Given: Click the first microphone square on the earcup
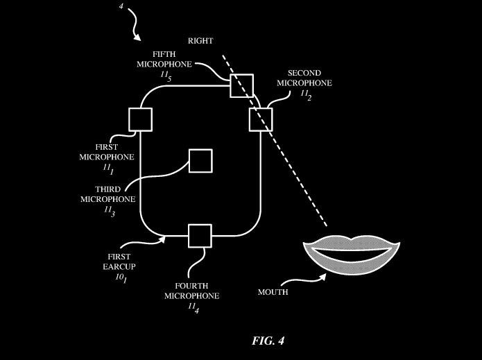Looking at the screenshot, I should point(140,119).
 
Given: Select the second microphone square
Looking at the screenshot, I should point(261,119).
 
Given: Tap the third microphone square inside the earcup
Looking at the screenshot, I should point(200,160).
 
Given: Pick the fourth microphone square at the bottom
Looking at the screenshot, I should point(200,236).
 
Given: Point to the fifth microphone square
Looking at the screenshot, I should point(242,85).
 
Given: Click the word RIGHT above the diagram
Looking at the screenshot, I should point(200,41).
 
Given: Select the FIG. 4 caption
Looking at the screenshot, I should point(268,341).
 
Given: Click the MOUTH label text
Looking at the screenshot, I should point(273,292).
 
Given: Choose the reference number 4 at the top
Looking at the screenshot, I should point(121,6).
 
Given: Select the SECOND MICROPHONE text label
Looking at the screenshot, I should point(304,78).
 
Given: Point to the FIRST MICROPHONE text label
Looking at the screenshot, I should point(107,153).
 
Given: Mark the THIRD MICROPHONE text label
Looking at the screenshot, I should point(108,194).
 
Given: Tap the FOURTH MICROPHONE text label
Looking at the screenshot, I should point(191,291).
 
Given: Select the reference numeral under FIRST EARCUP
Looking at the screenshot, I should point(121,277).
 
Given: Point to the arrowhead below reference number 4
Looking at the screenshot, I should point(139,37).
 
